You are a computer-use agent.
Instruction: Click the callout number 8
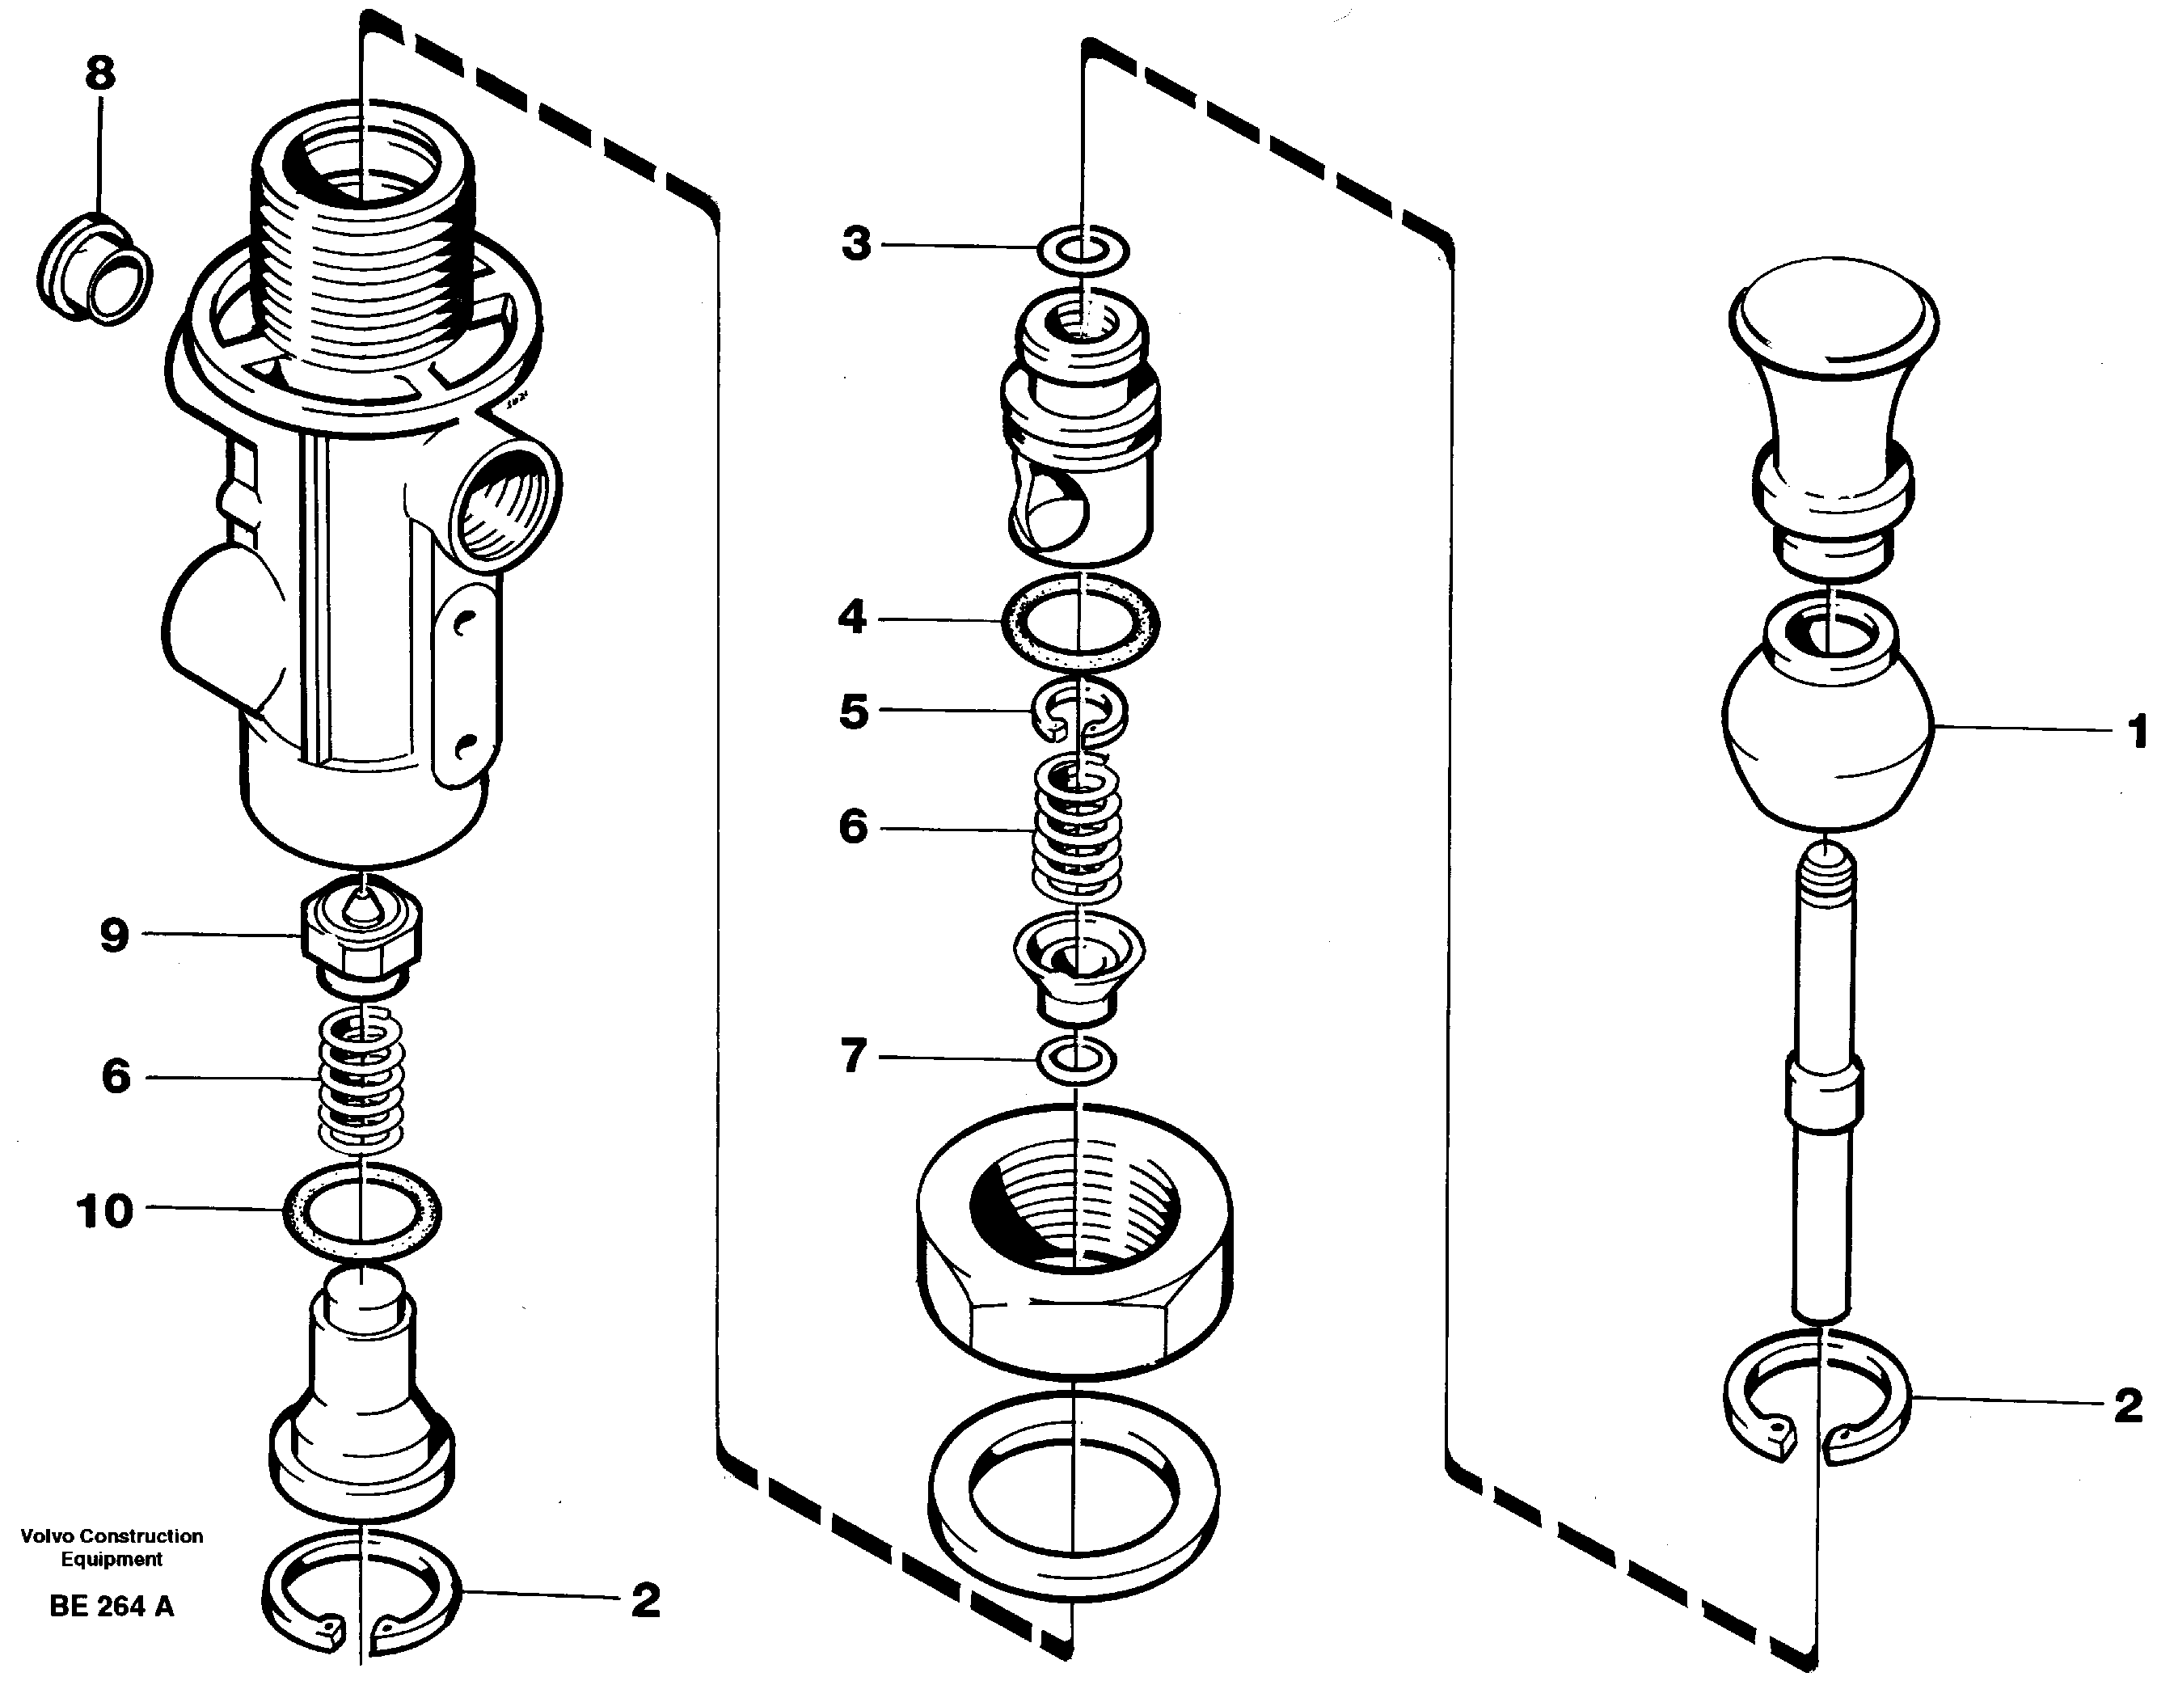tap(99, 73)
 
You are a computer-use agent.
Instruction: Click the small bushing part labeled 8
tap(95, 268)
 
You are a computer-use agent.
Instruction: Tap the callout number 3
tap(856, 243)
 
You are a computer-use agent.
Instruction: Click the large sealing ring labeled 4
tap(1082, 623)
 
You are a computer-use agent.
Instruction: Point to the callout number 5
tap(853, 711)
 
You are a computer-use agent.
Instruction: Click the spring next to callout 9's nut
tap(361, 1082)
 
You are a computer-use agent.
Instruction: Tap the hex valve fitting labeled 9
tap(361, 933)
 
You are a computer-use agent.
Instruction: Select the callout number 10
tap(104, 1211)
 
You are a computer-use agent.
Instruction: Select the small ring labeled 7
tap(1077, 1060)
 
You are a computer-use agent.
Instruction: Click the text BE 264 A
tap(112, 1607)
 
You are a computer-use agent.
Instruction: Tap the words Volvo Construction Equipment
tap(112, 1548)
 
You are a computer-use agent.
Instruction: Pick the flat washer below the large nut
tap(1073, 1493)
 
